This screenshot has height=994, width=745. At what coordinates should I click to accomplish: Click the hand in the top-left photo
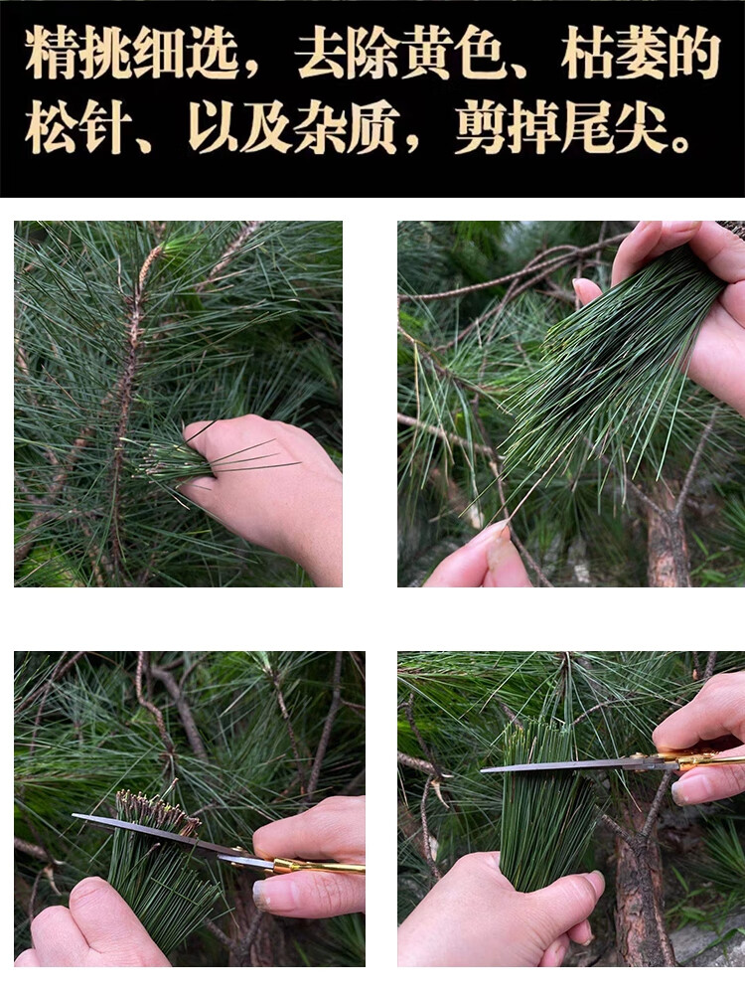(273, 487)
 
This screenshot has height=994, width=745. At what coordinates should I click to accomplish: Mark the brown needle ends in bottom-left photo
(154, 810)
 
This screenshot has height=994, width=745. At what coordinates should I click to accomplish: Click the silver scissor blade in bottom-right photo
(556, 765)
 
